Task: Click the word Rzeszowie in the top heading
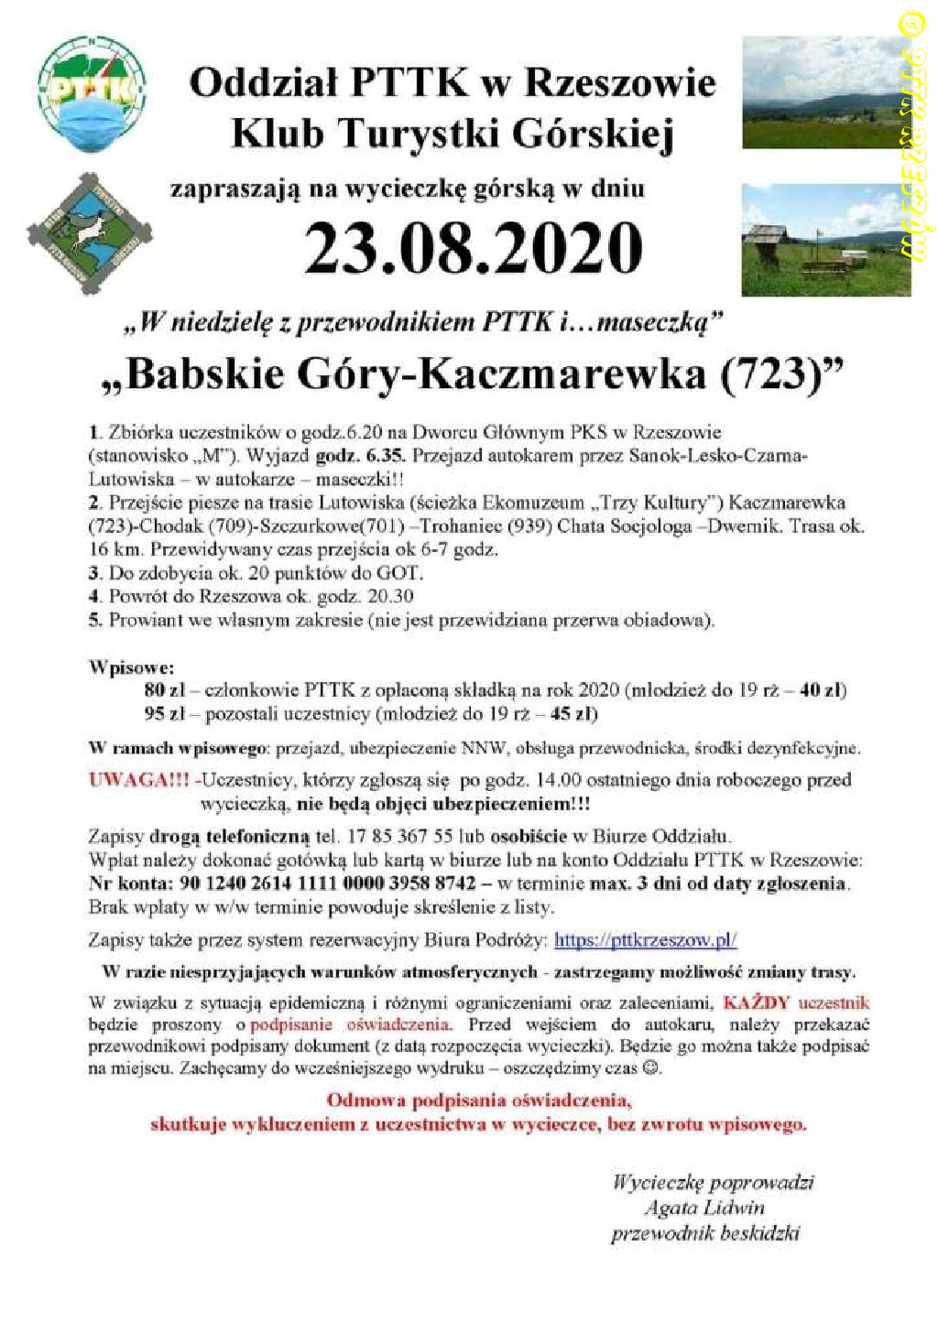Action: (620, 83)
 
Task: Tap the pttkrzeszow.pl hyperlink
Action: (646, 939)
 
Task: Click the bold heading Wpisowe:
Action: (131, 666)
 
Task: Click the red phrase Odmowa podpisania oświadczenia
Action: (478, 1100)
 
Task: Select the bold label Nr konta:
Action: (129, 883)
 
